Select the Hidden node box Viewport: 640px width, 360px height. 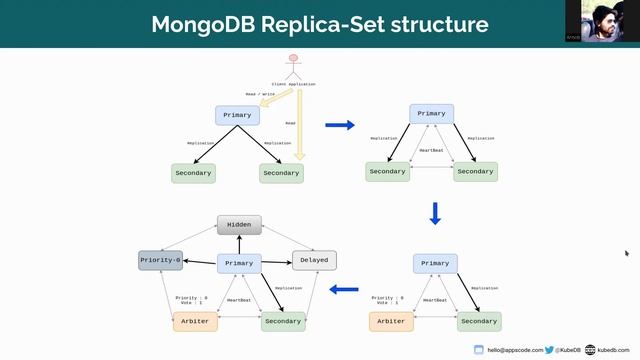pos(239,225)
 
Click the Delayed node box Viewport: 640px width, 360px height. pos(314,260)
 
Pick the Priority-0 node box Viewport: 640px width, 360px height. pos(160,260)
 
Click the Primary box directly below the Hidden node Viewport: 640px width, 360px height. pos(239,264)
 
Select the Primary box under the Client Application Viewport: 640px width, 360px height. pos(237,115)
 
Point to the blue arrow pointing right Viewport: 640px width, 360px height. pos(341,125)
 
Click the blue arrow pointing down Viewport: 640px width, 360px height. pos(435,214)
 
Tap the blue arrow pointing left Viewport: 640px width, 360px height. pos(345,290)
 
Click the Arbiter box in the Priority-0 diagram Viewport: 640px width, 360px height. pos(195,321)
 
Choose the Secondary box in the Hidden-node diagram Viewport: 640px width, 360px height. pos(283,321)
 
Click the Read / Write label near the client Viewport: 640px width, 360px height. pos(261,94)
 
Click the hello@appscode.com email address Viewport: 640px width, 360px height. pos(514,350)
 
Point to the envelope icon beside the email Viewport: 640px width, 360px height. pos(479,350)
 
